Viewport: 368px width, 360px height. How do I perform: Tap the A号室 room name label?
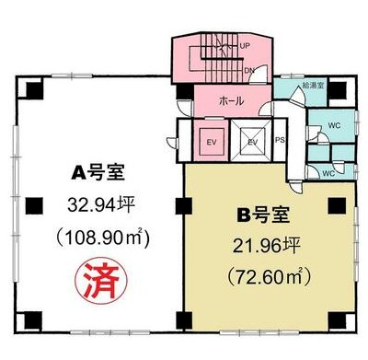tap(98, 173)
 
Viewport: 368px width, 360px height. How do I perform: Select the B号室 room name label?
tap(264, 215)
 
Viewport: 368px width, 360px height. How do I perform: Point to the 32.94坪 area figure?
tap(101, 204)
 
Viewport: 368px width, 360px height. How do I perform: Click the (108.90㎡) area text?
tap(102, 237)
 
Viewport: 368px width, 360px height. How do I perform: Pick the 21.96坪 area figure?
tap(266, 246)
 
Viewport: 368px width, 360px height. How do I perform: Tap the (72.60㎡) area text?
tap(269, 276)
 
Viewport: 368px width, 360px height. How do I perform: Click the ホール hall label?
tap(232, 100)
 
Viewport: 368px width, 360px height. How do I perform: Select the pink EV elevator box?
tap(212, 142)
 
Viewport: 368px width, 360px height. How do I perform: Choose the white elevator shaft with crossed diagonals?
tap(251, 141)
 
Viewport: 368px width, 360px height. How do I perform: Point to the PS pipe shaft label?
tap(280, 140)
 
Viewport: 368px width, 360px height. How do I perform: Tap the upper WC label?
tap(334, 125)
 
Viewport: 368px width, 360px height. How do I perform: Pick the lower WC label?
tap(328, 173)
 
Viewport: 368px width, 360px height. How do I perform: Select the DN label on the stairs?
tap(249, 70)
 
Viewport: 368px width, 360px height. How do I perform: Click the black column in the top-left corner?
tap(34, 90)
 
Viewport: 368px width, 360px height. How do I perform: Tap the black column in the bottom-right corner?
tap(338, 320)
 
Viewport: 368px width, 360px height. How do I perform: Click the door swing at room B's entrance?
tap(296, 187)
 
